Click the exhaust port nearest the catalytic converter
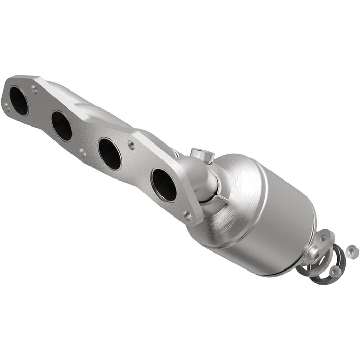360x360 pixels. point(164,185)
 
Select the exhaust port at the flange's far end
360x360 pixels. point(19,101)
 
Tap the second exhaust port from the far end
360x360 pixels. point(62,125)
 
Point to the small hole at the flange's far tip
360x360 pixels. point(7,106)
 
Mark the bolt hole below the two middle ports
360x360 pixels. point(83,153)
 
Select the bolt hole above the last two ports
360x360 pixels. point(131,146)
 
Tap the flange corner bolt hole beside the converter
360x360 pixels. point(187,216)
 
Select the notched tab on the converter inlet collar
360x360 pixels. point(220,201)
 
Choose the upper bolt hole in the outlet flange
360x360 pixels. point(323,238)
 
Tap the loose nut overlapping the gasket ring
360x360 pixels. point(335,269)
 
